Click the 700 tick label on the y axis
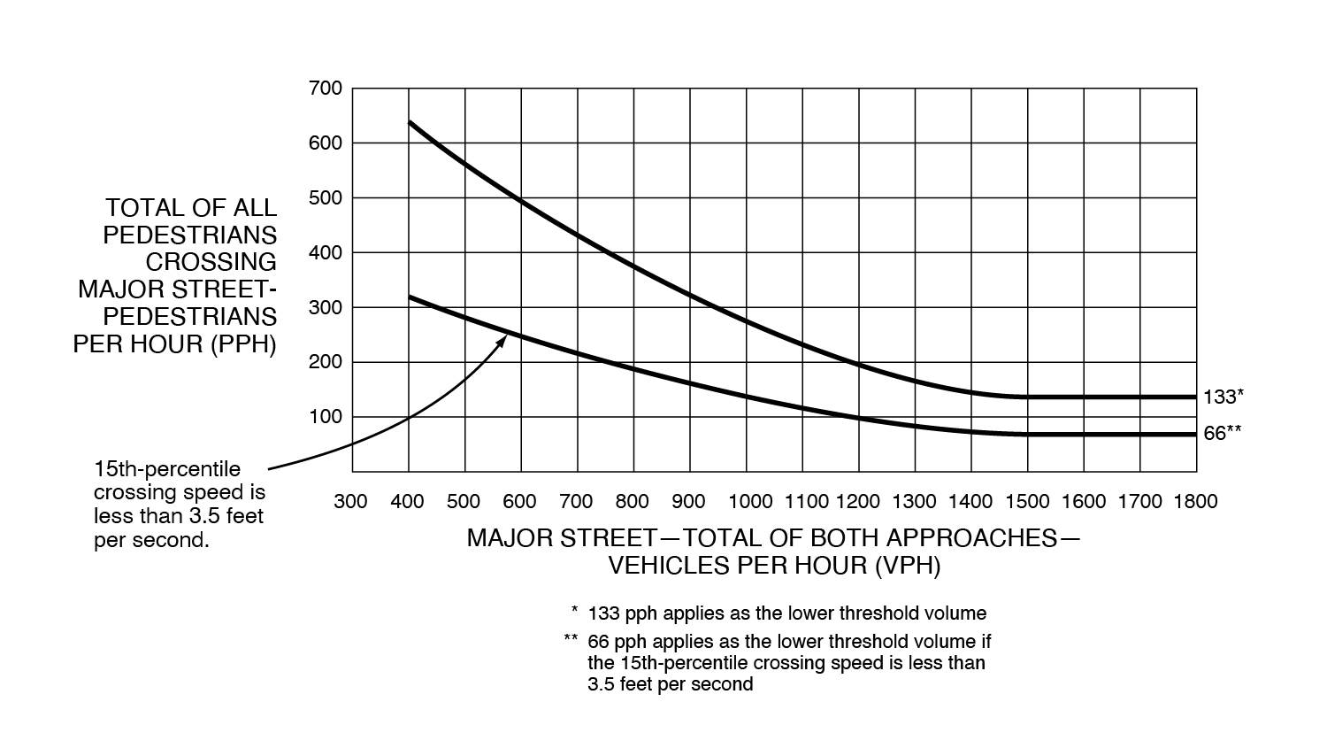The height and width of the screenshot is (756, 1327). (x=325, y=89)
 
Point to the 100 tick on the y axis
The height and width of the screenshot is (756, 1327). (x=325, y=417)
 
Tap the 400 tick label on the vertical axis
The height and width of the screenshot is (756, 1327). (x=325, y=253)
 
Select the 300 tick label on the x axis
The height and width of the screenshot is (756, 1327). (x=350, y=502)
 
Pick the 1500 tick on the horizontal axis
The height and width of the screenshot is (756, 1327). (x=1027, y=502)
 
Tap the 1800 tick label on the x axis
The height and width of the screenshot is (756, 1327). (x=1195, y=502)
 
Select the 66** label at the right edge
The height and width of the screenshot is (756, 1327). (x=1223, y=434)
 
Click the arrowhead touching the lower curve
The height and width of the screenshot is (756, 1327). (x=501, y=341)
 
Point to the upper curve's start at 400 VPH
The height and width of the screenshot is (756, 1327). (x=409, y=122)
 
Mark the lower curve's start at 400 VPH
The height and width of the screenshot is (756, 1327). (x=409, y=297)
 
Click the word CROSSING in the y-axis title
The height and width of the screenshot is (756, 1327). (x=211, y=262)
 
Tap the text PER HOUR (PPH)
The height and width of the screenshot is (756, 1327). (x=175, y=343)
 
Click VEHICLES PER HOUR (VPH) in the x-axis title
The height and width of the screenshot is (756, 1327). (x=774, y=566)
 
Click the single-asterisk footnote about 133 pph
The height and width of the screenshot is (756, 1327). (x=786, y=613)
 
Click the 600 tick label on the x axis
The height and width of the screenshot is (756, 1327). (x=519, y=502)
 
